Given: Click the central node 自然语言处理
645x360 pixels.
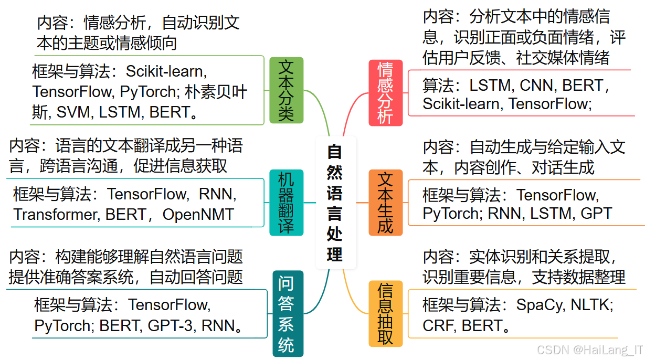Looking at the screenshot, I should [x=335, y=203].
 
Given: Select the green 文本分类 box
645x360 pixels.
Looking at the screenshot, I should [x=286, y=90].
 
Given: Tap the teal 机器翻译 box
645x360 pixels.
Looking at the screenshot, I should [x=286, y=203].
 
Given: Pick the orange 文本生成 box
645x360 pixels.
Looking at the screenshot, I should [x=385, y=203].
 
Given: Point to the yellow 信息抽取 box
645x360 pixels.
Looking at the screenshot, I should [x=385, y=314].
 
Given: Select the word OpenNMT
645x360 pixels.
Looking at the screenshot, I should [x=198, y=214].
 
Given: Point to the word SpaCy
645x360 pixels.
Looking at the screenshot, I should [x=540, y=304].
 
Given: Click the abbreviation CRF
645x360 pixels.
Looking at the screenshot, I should [x=438, y=326].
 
